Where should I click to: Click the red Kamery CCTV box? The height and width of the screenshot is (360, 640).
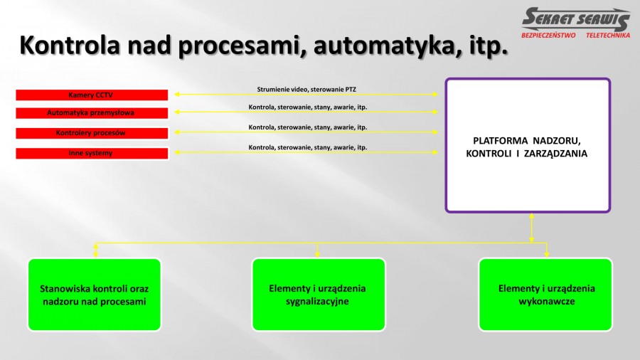click(92, 95)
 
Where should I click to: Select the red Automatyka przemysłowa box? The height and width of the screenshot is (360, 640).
click(92, 113)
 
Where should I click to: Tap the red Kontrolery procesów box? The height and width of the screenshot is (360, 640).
click(92, 133)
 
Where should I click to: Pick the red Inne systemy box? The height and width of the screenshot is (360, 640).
click(92, 154)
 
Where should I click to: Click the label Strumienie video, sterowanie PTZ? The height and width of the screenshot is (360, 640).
click(306, 90)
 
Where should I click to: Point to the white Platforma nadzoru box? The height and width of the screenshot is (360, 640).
click(528, 145)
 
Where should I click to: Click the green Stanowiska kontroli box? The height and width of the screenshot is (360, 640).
click(95, 295)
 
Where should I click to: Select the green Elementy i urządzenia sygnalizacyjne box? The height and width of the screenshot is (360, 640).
click(319, 295)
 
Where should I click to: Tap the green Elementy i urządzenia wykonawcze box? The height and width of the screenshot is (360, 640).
click(545, 295)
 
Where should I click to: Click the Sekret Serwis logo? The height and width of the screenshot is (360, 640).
click(576, 23)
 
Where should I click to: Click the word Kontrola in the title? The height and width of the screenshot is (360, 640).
click(70, 45)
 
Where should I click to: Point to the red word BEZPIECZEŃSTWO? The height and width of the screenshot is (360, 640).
click(548, 36)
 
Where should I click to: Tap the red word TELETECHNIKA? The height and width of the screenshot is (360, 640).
click(608, 36)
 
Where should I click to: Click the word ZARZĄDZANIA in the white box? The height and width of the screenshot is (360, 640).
click(555, 154)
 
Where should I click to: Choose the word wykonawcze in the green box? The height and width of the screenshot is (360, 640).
click(547, 302)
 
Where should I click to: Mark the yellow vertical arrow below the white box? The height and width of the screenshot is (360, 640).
click(531, 228)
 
